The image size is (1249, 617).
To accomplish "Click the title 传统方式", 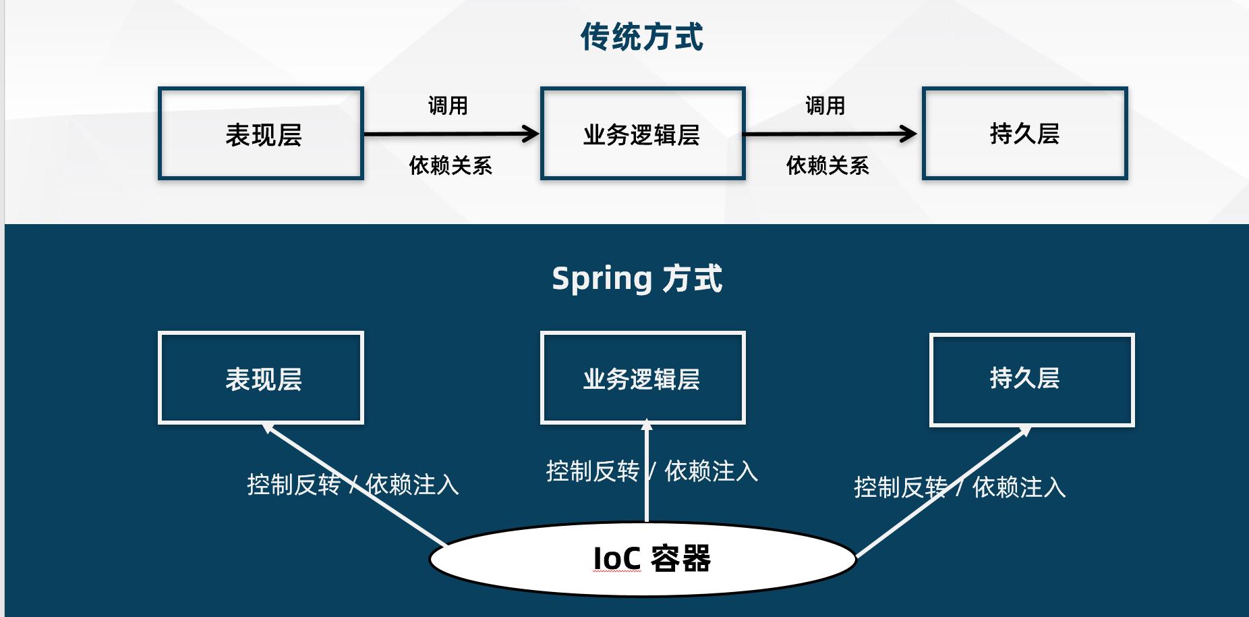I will (x=641, y=37).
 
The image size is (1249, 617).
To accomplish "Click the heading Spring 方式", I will (x=637, y=279).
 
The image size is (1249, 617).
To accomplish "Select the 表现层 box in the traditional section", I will (x=261, y=134).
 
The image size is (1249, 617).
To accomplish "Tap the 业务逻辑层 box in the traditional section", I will (x=643, y=134).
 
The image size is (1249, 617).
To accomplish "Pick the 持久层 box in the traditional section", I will (x=1024, y=134).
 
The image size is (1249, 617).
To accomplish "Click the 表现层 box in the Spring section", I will (x=261, y=378).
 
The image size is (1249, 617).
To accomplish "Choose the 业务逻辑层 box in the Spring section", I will (x=643, y=378).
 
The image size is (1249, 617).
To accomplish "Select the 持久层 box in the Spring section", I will (x=1032, y=379).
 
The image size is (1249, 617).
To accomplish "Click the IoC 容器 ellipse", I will (x=643, y=559).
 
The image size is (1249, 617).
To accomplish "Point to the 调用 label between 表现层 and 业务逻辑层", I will (x=448, y=106).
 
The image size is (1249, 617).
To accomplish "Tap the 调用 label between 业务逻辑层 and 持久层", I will (x=825, y=106).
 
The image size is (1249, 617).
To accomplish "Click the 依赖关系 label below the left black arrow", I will (x=451, y=165).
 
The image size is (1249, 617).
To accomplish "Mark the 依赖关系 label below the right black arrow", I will (x=827, y=165).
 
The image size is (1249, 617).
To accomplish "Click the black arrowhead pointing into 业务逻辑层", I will (x=531, y=134).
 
